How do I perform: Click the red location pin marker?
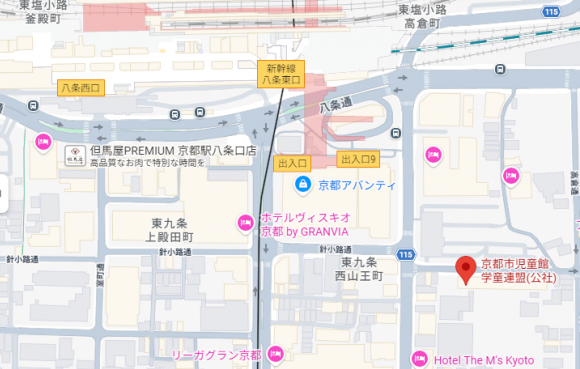464,269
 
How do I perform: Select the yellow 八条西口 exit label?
81,88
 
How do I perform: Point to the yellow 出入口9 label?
359,159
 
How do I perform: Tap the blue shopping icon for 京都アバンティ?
302,185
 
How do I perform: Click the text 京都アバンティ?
357,186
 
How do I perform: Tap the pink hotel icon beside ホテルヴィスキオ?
244,221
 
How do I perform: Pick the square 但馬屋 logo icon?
74,154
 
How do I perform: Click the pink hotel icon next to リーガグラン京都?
277,353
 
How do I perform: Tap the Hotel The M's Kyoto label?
485,360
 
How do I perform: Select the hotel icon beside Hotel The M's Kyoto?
420,358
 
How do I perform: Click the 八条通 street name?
337,102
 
